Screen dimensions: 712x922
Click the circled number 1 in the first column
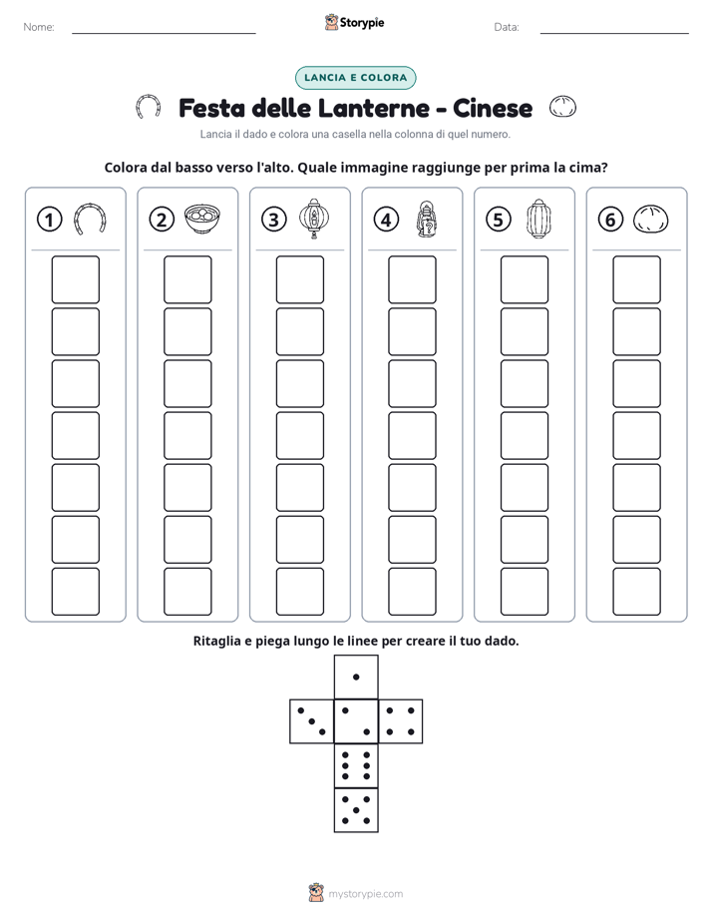(x=49, y=220)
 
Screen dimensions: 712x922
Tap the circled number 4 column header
(x=386, y=220)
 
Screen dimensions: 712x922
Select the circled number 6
(x=610, y=220)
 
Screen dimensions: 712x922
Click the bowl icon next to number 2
(x=202, y=219)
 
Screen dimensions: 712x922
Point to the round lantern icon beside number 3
(x=314, y=219)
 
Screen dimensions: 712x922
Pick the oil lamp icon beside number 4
(x=427, y=220)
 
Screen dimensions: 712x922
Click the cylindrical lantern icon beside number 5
(x=538, y=219)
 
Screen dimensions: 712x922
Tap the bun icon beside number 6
(x=651, y=220)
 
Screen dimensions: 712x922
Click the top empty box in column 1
(x=75, y=279)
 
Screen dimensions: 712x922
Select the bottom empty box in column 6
(x=637, y=592)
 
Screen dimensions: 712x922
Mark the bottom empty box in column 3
(x=299, y=592)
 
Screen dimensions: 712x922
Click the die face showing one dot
(x=356, y=677)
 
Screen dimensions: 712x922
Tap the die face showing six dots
(x=356, y=765)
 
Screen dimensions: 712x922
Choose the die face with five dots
(x=356, y=810)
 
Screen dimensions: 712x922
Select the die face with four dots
(x=401, y=721)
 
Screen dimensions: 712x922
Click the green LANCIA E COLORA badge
(x=355, y=78)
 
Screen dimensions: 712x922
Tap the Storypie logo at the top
(x=355, y=22)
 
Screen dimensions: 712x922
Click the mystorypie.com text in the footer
(x=365, y=894)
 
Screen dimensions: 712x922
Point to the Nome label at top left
(x=39, y=27)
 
